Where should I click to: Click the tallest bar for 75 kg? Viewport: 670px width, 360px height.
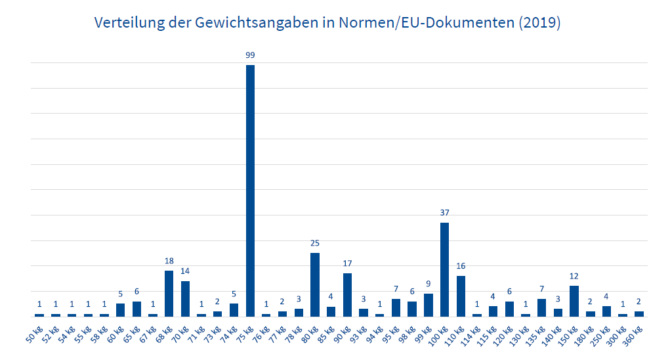[250, 191]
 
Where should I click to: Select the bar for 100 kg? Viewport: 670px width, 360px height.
[444, 269]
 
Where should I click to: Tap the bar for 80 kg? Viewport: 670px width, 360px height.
[315, 284]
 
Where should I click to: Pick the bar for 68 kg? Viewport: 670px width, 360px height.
[169, 294]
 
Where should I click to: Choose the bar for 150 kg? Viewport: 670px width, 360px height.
[574, 301]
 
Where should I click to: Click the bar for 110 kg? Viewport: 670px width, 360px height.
[461, 296]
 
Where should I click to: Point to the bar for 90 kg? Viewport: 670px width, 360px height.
[347, 294]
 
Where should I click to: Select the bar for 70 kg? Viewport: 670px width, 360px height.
[185, 299]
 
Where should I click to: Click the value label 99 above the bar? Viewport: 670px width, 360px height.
[250, 55]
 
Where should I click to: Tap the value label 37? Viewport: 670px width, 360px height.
[444, 213]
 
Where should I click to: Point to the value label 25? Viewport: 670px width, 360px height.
[315, 243]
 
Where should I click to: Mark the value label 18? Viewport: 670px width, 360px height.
[169, 261]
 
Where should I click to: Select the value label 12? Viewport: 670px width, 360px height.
[574, 276]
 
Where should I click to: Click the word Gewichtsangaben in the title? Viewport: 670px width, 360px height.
[246, 23]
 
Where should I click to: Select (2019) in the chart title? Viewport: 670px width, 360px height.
[539, 23]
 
